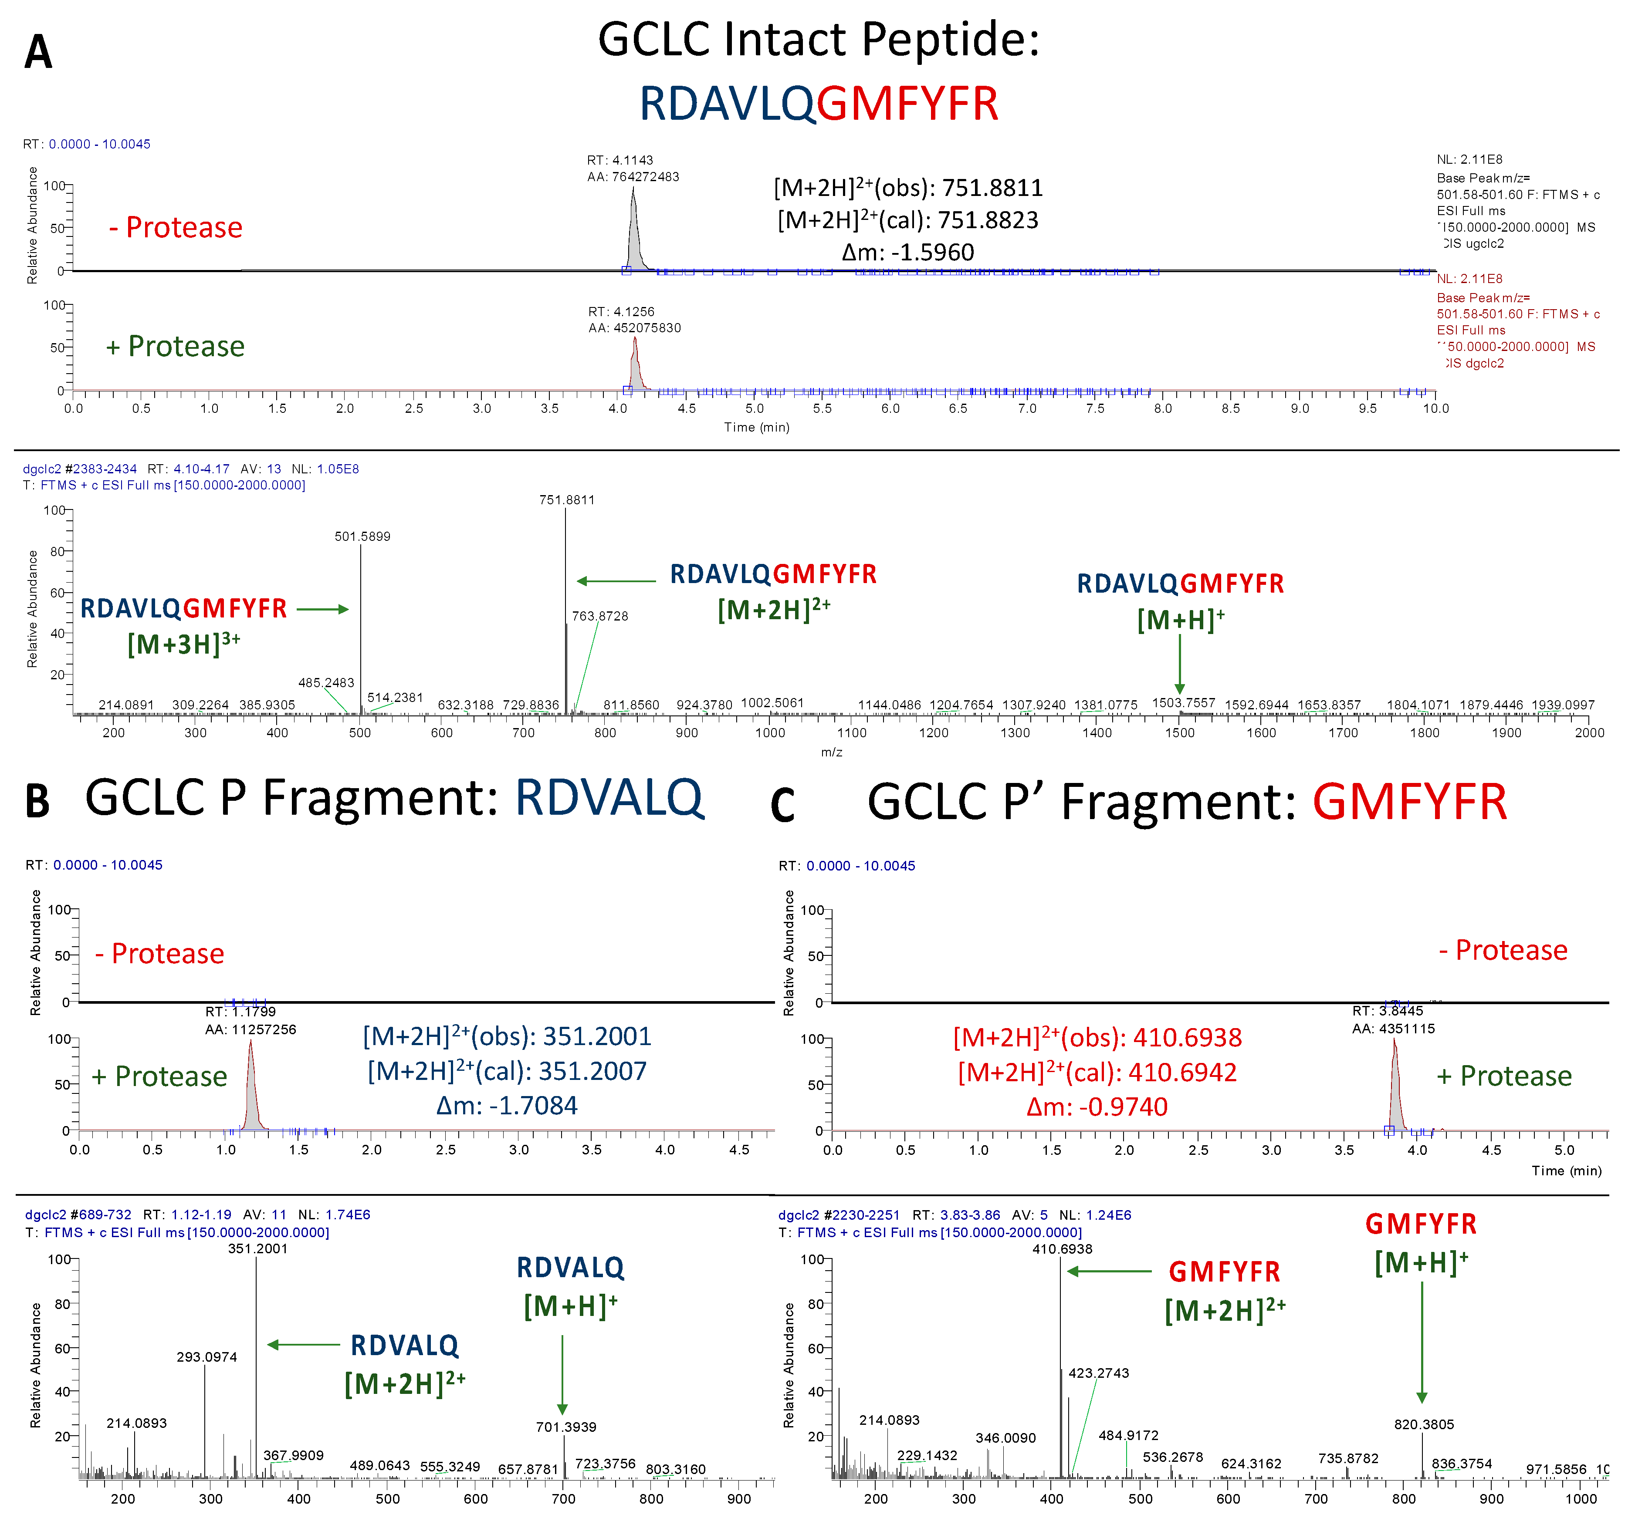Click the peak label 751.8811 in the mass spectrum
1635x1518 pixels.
coord(567,499)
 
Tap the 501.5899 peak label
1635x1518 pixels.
coord(362,536)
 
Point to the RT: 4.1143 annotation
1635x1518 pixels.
coord(620,160)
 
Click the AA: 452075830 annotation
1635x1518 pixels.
coord(634,328)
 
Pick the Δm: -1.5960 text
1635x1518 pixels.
coord(908,252)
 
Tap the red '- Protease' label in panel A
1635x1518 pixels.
coord(176,228)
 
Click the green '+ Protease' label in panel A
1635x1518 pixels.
coord(175,347)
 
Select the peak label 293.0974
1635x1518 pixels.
coord(207,1357)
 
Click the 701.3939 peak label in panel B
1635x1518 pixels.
coord(566,1427)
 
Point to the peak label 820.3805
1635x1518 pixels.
coord(1424,1424)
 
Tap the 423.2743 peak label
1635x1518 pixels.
coord(1098,1373)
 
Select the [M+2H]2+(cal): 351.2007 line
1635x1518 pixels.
coord(507,1071)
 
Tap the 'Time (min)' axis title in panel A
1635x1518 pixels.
coord(757,427)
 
